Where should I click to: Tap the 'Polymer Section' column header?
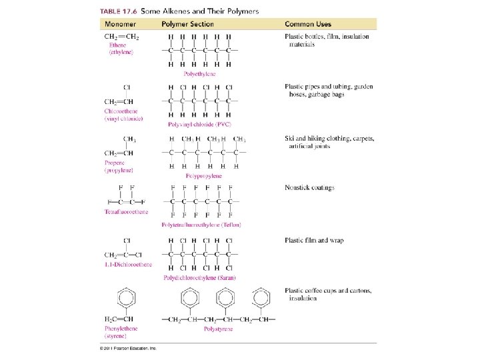pos(188,24)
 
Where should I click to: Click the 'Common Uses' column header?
pos(308,24)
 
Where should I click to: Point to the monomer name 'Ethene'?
pos(118,44)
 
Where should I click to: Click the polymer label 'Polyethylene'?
pos(200,74)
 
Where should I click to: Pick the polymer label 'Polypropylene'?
pos(203,175)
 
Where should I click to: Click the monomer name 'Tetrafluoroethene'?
pos(127,212)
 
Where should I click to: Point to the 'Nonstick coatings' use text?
pos(309,189)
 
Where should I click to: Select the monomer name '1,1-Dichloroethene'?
pos(128,264)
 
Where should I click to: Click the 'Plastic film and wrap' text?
pos(314,241)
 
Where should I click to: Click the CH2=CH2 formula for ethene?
pos(120,36)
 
